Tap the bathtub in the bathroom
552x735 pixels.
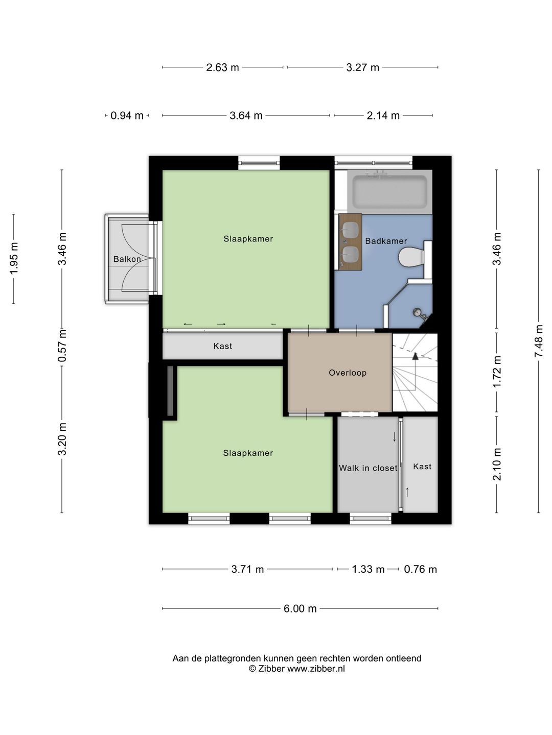click(x=390, y=192)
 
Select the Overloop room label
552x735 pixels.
click(x=348, y=373)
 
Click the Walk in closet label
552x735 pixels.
click(x=368, y=468)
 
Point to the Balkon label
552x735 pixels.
click(x=127, y=259)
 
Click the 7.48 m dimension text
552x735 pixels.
click(x=538, y=341)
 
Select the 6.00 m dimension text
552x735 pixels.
click(x=300, y=608)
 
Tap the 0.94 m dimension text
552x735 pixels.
click(x=127, y=115)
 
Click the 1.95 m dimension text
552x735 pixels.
click(x=13, y=258)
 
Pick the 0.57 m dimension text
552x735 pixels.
click(x=62, y=345)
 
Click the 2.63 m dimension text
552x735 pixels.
click(x=222, y=68)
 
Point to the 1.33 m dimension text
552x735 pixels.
click(x=368, y=569)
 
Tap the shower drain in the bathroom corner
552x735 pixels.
click(x=417, y=312)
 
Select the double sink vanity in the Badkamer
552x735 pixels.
click(x=350, y=241)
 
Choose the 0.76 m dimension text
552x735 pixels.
click(x=420, y=569)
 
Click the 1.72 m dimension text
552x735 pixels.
click(x=496, y=372)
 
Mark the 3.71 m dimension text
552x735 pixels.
click(x=248, y=569)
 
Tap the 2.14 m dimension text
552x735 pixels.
click(x=383, y=115)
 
